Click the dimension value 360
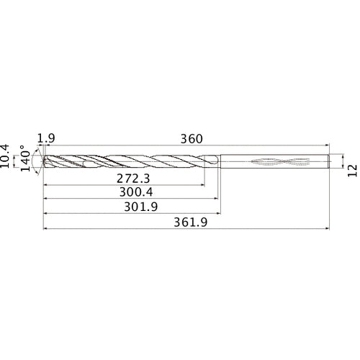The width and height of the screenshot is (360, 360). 191,138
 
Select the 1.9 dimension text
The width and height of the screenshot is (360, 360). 46,138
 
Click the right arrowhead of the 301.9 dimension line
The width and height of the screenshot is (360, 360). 218,213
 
